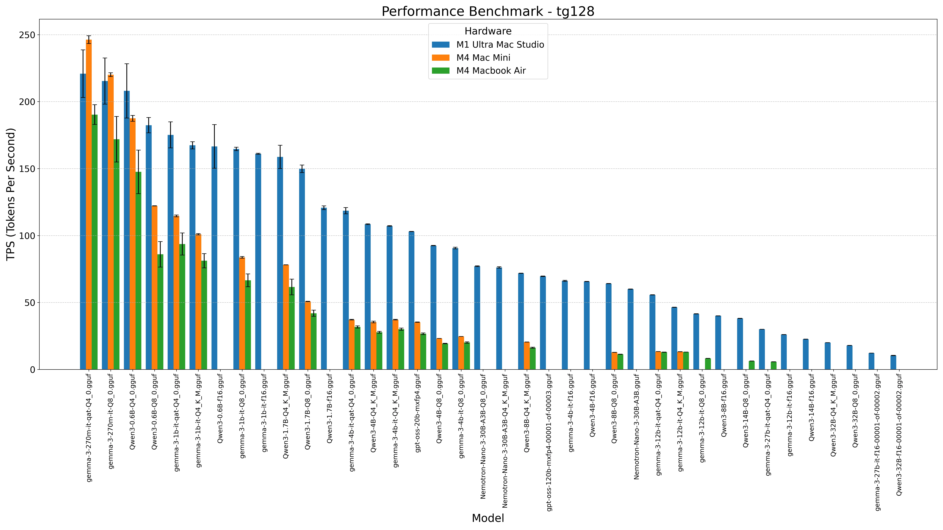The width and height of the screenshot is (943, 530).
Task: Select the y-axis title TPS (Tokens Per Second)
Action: pyautogui.click(x=11, y=194)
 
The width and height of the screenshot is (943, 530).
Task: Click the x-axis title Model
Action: pyautogui.click(x=488, y=518)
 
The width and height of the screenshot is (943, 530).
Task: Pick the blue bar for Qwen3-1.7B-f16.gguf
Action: pyautogui.click(x=324, y=289)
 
